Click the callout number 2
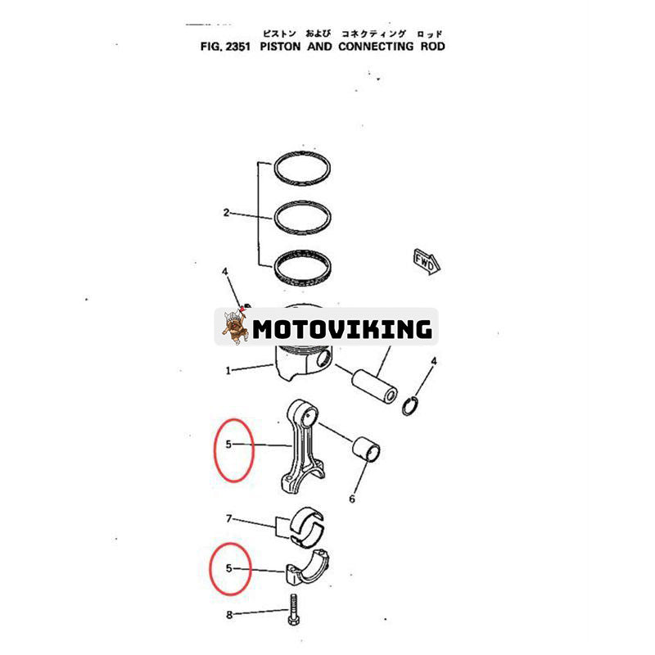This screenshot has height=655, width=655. pos(226,214)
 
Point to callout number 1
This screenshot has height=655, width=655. pos(228,370)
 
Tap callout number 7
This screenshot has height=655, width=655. pos(229,518)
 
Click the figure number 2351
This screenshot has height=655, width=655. pos(234,47)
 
